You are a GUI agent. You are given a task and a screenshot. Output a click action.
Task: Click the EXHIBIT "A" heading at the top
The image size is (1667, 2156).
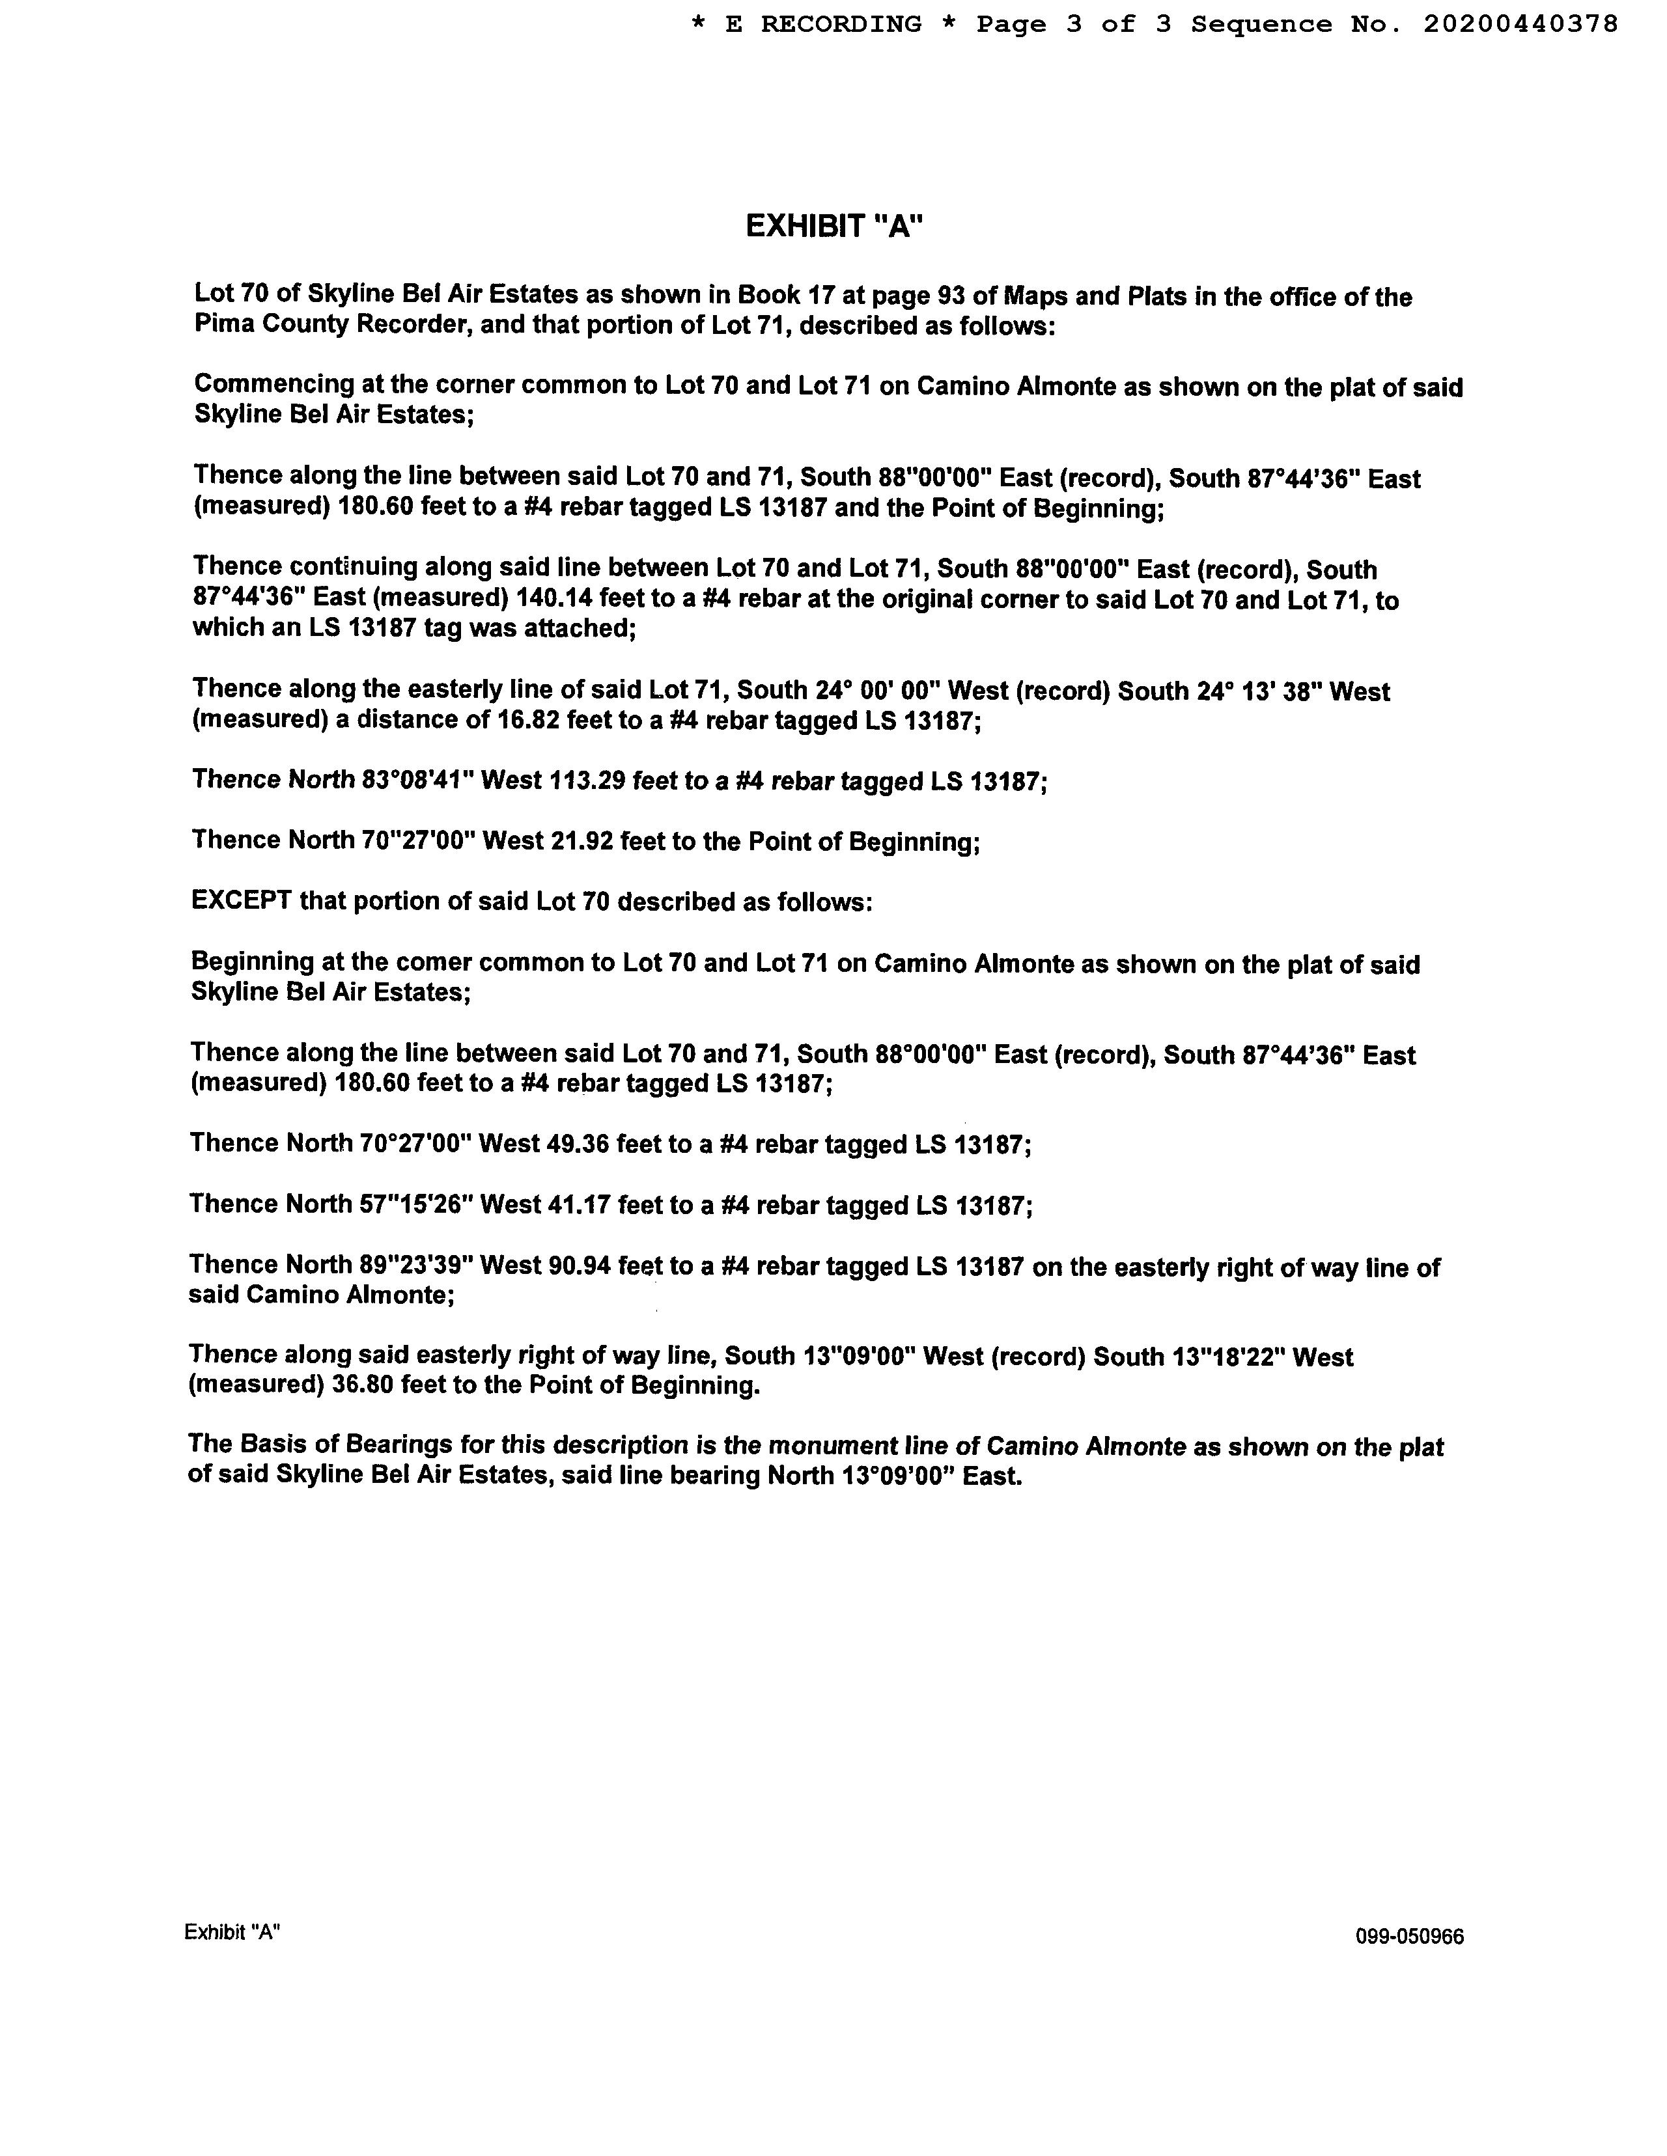pyautogui.click(x=833, y=227)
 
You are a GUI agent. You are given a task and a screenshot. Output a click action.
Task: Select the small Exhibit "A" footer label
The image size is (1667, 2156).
pyautogui.click(x=232, y=1932)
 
